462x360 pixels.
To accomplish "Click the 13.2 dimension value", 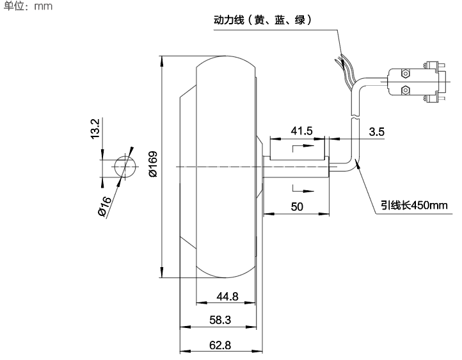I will coord(95,128).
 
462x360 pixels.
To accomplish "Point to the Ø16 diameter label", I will coord(104,207).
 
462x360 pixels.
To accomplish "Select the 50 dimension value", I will coord(297,206).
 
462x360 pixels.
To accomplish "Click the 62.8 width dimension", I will coord(219,345).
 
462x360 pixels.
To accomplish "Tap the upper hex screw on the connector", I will coord(405,73).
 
